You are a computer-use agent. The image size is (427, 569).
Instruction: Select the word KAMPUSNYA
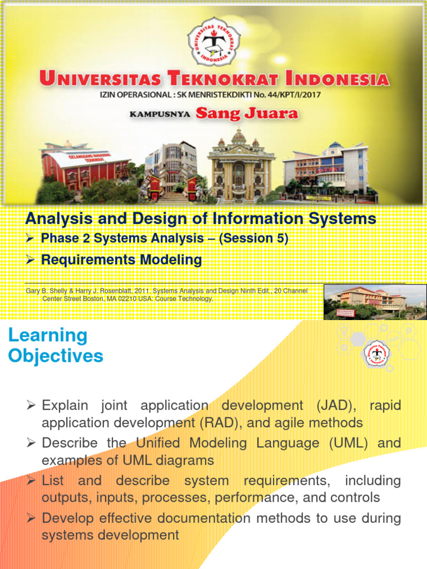(160, 114)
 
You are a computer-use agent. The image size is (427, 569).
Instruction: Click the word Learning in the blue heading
(48, 335)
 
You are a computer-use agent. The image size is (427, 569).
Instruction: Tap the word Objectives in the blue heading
(56, 356)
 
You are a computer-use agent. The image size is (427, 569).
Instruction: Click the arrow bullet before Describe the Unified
(31, 443)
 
